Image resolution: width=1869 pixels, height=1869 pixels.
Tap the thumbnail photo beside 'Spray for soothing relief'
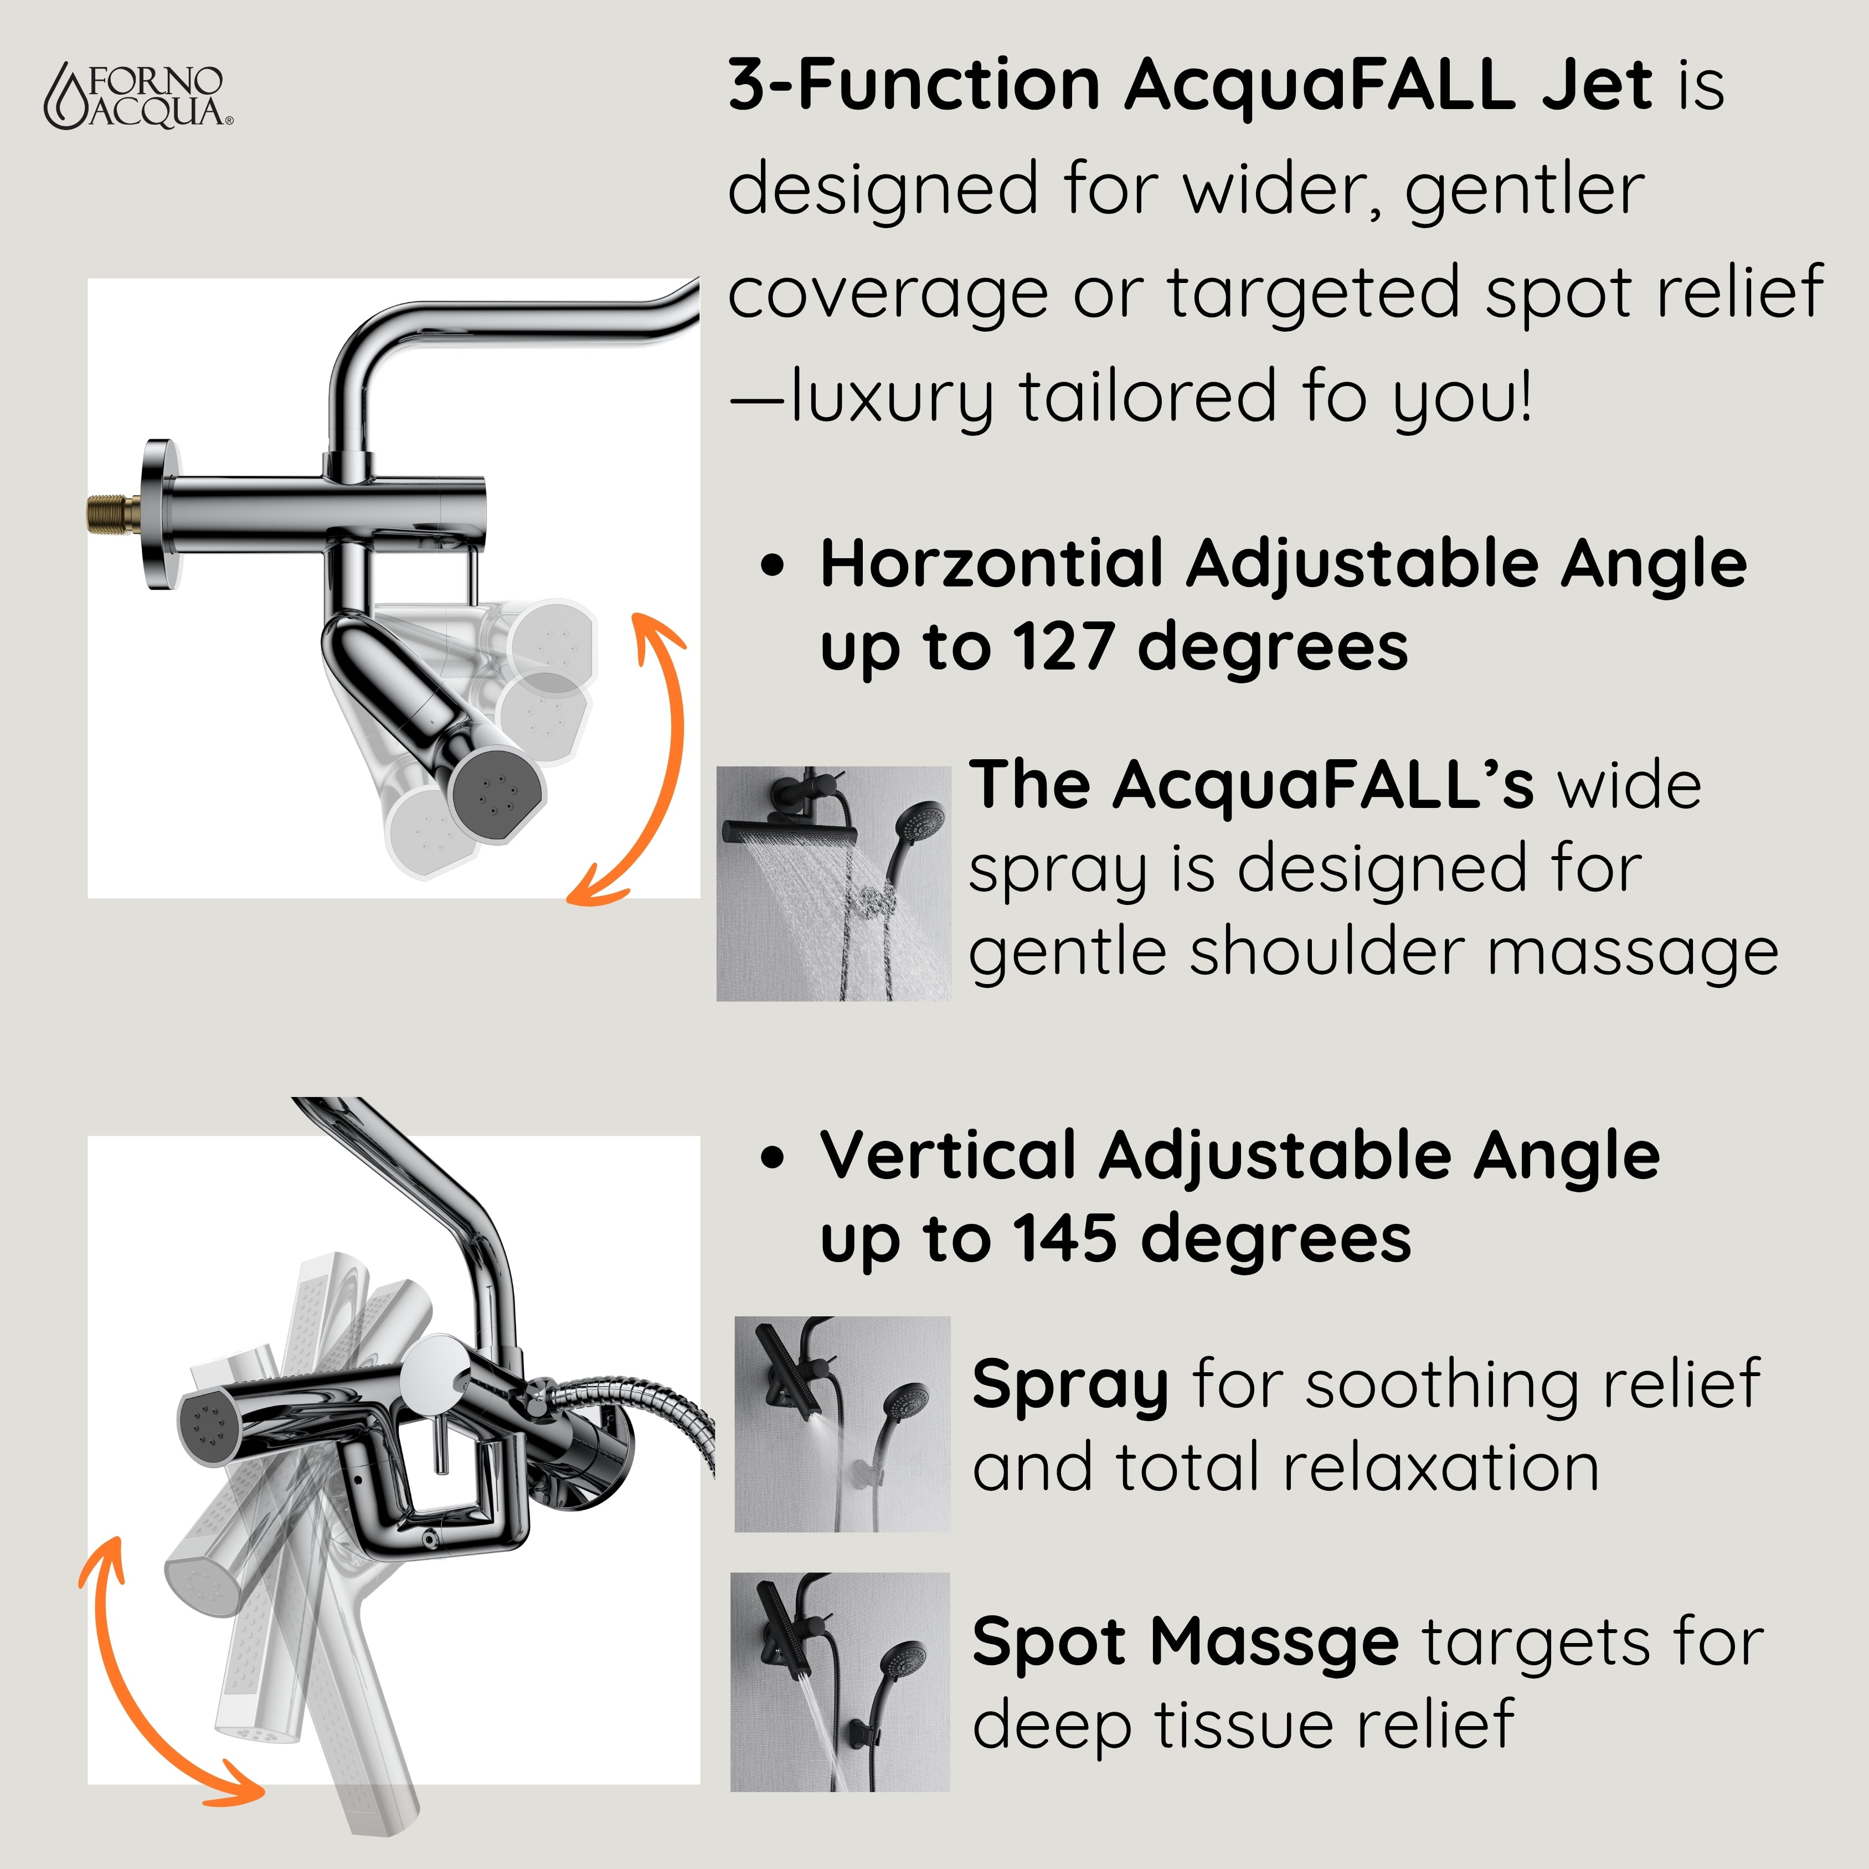click(842, 1424)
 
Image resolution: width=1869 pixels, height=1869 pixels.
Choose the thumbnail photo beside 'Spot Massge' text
click(840, 1681)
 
